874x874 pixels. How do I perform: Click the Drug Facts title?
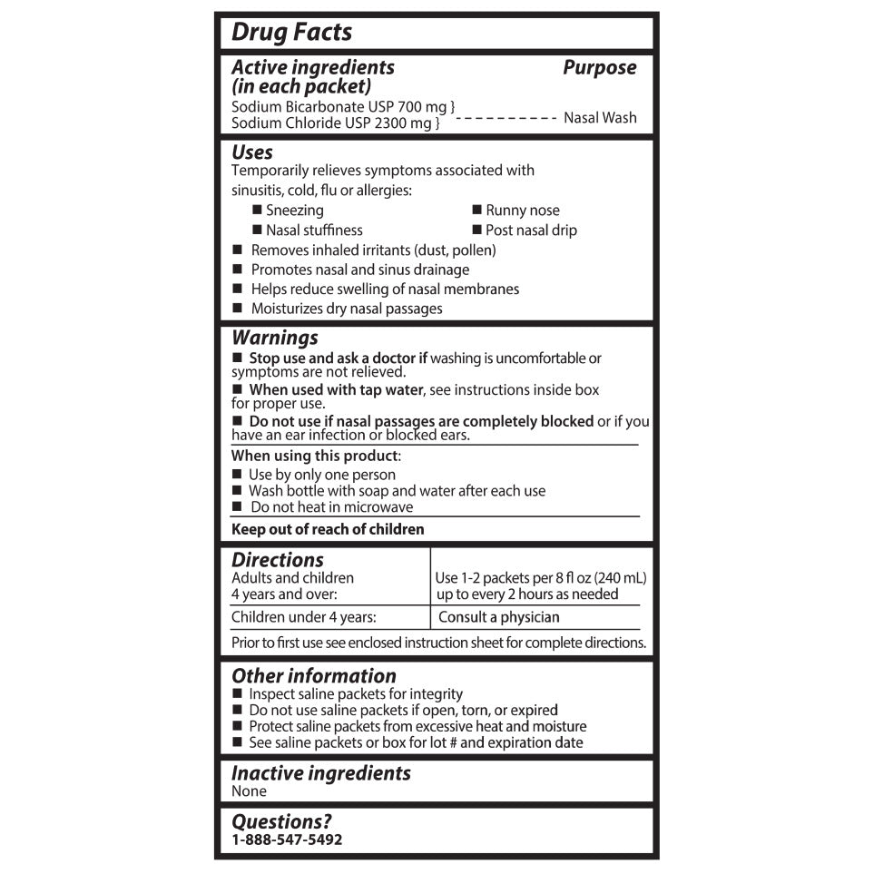[291, 33]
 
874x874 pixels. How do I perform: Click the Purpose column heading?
[599, 67]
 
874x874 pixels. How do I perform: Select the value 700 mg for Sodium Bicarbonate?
[423, 106]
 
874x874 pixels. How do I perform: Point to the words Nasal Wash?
[600, 117]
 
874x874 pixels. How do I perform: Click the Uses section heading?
[252, 152]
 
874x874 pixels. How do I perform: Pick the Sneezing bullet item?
[294, 211]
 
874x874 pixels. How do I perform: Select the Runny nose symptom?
[522, 211]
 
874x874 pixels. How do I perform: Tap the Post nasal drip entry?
[531, 231]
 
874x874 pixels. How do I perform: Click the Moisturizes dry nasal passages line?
[346, 309]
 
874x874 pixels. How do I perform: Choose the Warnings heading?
[275, 338]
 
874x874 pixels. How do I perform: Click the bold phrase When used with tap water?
[336, 390]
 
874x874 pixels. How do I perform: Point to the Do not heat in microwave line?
[331, 507]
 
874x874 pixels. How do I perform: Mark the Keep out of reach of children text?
[328, 529]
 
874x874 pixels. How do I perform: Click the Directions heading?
[278, 560]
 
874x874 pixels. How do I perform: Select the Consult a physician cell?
[498, 617]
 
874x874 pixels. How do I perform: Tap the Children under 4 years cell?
[304, 617]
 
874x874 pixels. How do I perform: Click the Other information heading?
[314, 676]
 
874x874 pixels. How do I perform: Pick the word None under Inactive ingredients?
[249, 791]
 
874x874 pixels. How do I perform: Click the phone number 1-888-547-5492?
[287, 840]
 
